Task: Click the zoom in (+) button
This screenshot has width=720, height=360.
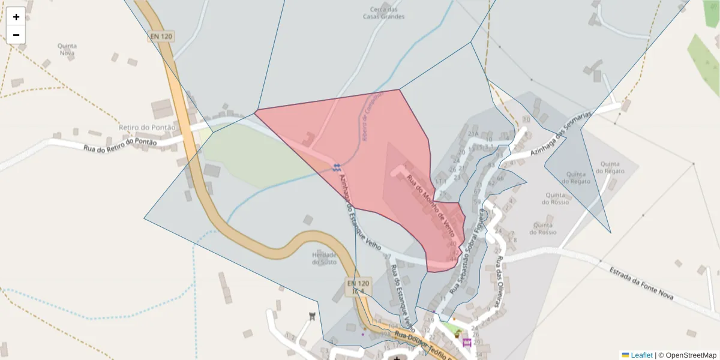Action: [x=16, y=17]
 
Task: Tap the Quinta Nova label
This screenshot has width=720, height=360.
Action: [x=67, y=49]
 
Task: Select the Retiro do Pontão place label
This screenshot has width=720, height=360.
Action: [x=147, y=127]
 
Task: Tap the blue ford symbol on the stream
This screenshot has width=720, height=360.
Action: [x=337, y=166]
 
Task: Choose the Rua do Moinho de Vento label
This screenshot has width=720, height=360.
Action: [x=430, y=205]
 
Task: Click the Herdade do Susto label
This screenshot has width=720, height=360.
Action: [x=324, y=258]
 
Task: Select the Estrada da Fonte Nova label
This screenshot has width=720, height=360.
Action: [x=641, y=284]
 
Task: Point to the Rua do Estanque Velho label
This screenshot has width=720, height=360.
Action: [x=403, y=293]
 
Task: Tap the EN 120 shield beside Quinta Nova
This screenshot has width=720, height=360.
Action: [x=161, y=37]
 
